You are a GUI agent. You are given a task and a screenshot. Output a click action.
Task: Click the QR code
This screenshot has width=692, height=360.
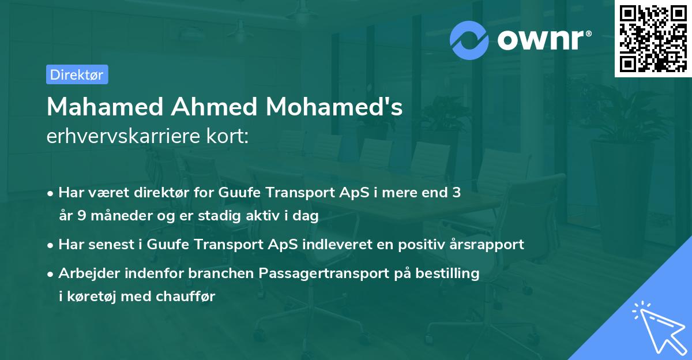tap(653, 39)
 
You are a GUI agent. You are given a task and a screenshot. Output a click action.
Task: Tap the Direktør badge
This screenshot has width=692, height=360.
tap(76, 74)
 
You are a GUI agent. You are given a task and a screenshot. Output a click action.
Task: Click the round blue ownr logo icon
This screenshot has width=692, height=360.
tap(469, 40)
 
